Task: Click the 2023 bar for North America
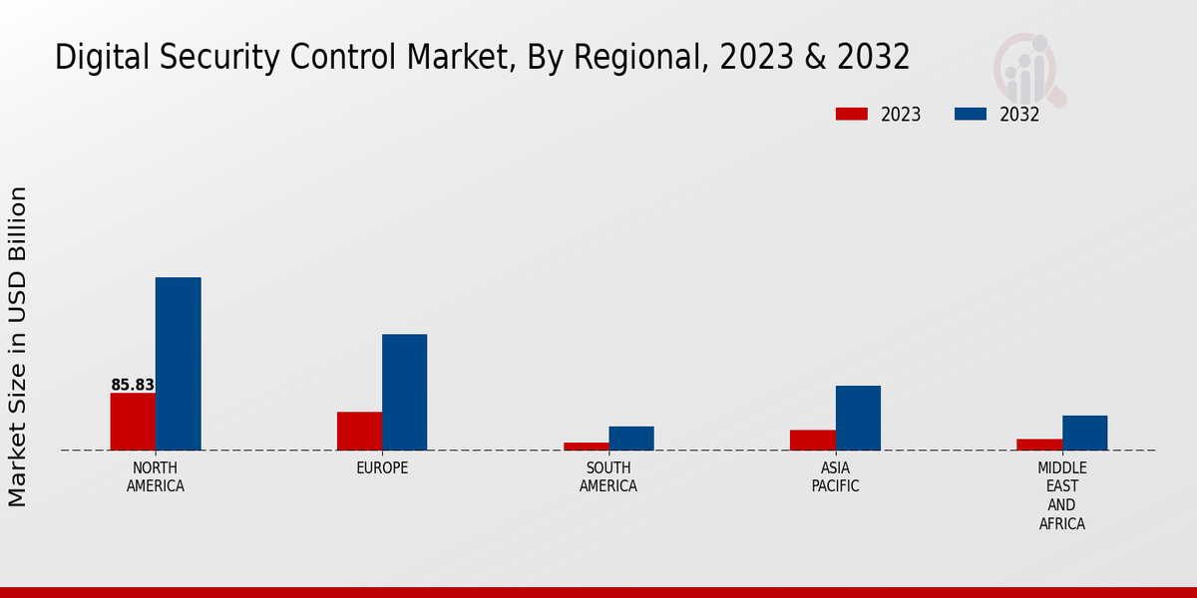coord(133,422)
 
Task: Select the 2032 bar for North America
coord(178,364)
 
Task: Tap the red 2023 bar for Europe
coord(359,431)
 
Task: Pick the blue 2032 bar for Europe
coord(404,392)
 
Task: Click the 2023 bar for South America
coord(586,447)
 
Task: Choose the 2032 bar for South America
coord(631,439)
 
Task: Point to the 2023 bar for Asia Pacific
coord(812,440)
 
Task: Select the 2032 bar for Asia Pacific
coord(858,418)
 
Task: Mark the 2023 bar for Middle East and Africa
coord(1039,445)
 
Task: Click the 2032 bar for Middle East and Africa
coord(1084,433)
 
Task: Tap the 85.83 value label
coord(133,385)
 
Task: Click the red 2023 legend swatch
coord(851,114)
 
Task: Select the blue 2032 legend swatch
coord(970,114)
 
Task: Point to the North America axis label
coord(156,477)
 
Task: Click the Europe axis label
coord(382,468)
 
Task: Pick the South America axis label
coord(608,477)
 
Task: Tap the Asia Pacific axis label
coord(835,477)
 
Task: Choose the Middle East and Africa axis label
coord(1062,495)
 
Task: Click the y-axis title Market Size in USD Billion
coord(18,346)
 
